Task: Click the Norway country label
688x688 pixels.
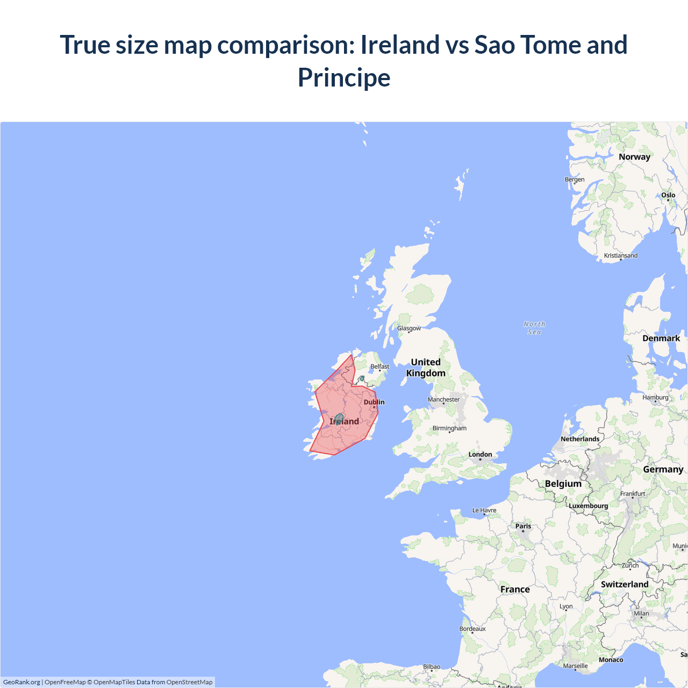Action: click(634, 157)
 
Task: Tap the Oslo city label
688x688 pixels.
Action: click(668, 195)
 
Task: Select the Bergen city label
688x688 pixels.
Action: click(575, 180)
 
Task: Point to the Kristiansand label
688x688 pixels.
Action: click(621, 255)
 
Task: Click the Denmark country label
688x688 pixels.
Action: click(661, 338)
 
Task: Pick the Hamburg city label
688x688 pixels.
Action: click(655, 398)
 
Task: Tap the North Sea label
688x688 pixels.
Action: click(534, 328)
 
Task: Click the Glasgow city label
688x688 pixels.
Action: click(409, 328)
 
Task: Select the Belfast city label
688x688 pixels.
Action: click(379, 367)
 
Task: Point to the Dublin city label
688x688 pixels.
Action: click(374, 402)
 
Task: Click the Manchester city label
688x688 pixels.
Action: click(443, 399)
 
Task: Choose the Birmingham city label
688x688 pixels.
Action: click(449, 428)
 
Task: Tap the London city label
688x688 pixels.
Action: click(480, 455)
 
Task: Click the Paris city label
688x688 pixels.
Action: click(523, 527)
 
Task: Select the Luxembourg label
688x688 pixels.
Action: click(588, 506)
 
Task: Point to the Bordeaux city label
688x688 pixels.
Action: click(472, 629)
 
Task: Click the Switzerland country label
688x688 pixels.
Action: click(625, 584)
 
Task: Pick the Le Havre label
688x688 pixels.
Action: click(484, 511)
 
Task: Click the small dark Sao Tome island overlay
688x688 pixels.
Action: click(339, 418)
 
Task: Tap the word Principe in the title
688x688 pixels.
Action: click(344, 77)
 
